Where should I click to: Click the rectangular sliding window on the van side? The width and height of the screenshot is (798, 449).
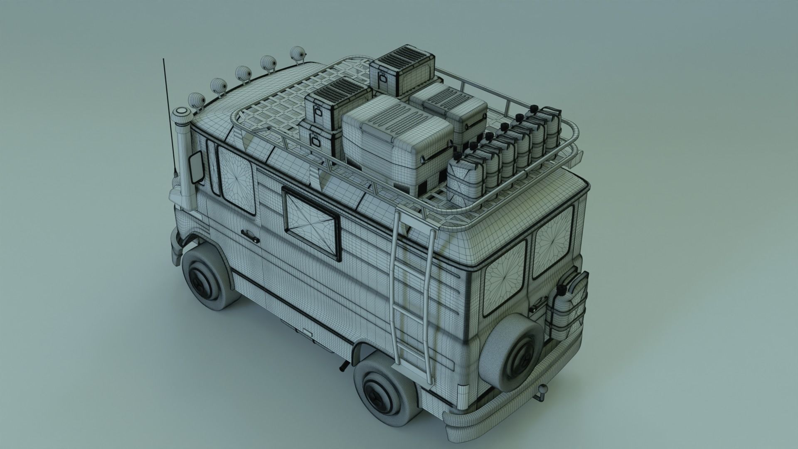coord(311,221)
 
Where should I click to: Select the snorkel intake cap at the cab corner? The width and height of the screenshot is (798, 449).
coord(182,114)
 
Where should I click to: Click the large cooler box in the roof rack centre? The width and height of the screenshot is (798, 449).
coord(398,140)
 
